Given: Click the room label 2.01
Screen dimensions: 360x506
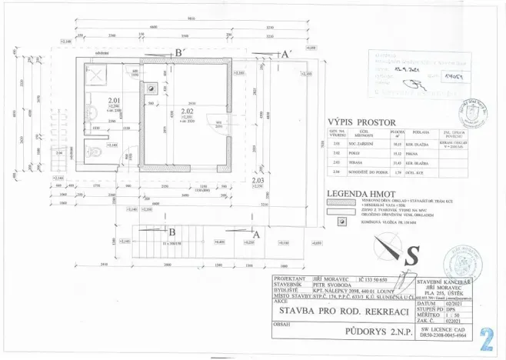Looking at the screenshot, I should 115,101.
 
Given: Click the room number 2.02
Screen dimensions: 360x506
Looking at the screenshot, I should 186,111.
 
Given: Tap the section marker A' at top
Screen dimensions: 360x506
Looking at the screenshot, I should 284,54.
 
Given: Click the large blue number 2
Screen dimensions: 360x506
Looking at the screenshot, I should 486,338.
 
